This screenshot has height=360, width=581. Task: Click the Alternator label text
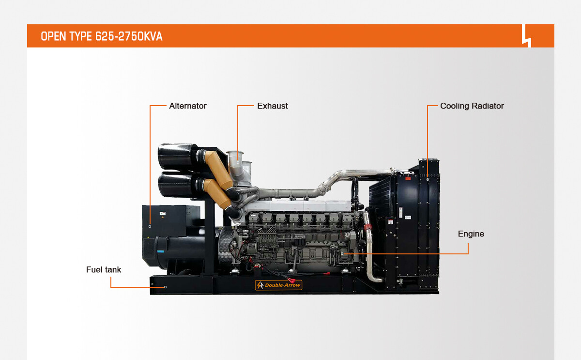pos(187,106)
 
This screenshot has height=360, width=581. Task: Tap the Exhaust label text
pos(272,106)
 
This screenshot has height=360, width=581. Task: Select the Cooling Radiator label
pos(472,106)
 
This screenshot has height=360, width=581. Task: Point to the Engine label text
pos(471,234)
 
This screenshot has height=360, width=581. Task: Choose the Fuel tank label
pos(104,270)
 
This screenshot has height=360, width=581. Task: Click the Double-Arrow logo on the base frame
pos(278,285)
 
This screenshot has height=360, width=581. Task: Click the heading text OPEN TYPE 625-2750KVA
pos(101,36)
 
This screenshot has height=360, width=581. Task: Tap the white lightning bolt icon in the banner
pos(527,36)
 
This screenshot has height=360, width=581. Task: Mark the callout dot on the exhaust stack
pos(238,162)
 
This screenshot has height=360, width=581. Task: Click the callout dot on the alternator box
pos(150,227)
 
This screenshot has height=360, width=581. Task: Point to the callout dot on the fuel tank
pos(165,287)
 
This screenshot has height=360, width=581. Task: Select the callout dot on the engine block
pos(342,253)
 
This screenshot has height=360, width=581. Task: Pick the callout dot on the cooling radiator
pos(428,179)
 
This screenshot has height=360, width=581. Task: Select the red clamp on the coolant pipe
pos(367,228)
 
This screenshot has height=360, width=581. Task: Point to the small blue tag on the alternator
pos(161,251)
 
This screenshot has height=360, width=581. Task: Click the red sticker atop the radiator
pos(408,179)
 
